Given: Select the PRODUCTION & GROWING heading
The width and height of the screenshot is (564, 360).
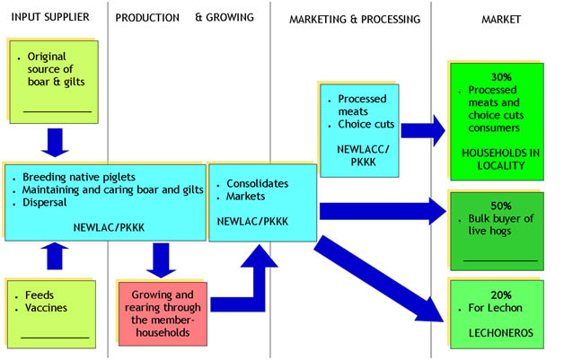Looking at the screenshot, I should click(x=184, y=17).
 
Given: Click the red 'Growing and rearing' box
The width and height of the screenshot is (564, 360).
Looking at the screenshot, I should click(x=162, y=313).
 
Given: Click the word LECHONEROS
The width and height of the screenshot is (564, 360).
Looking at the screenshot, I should click(x=500, y=333).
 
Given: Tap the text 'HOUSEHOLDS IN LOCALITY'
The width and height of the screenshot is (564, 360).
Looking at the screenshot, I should click(x=500, y=159).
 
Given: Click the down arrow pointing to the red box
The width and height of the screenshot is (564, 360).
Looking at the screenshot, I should click(x=161, y=260).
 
